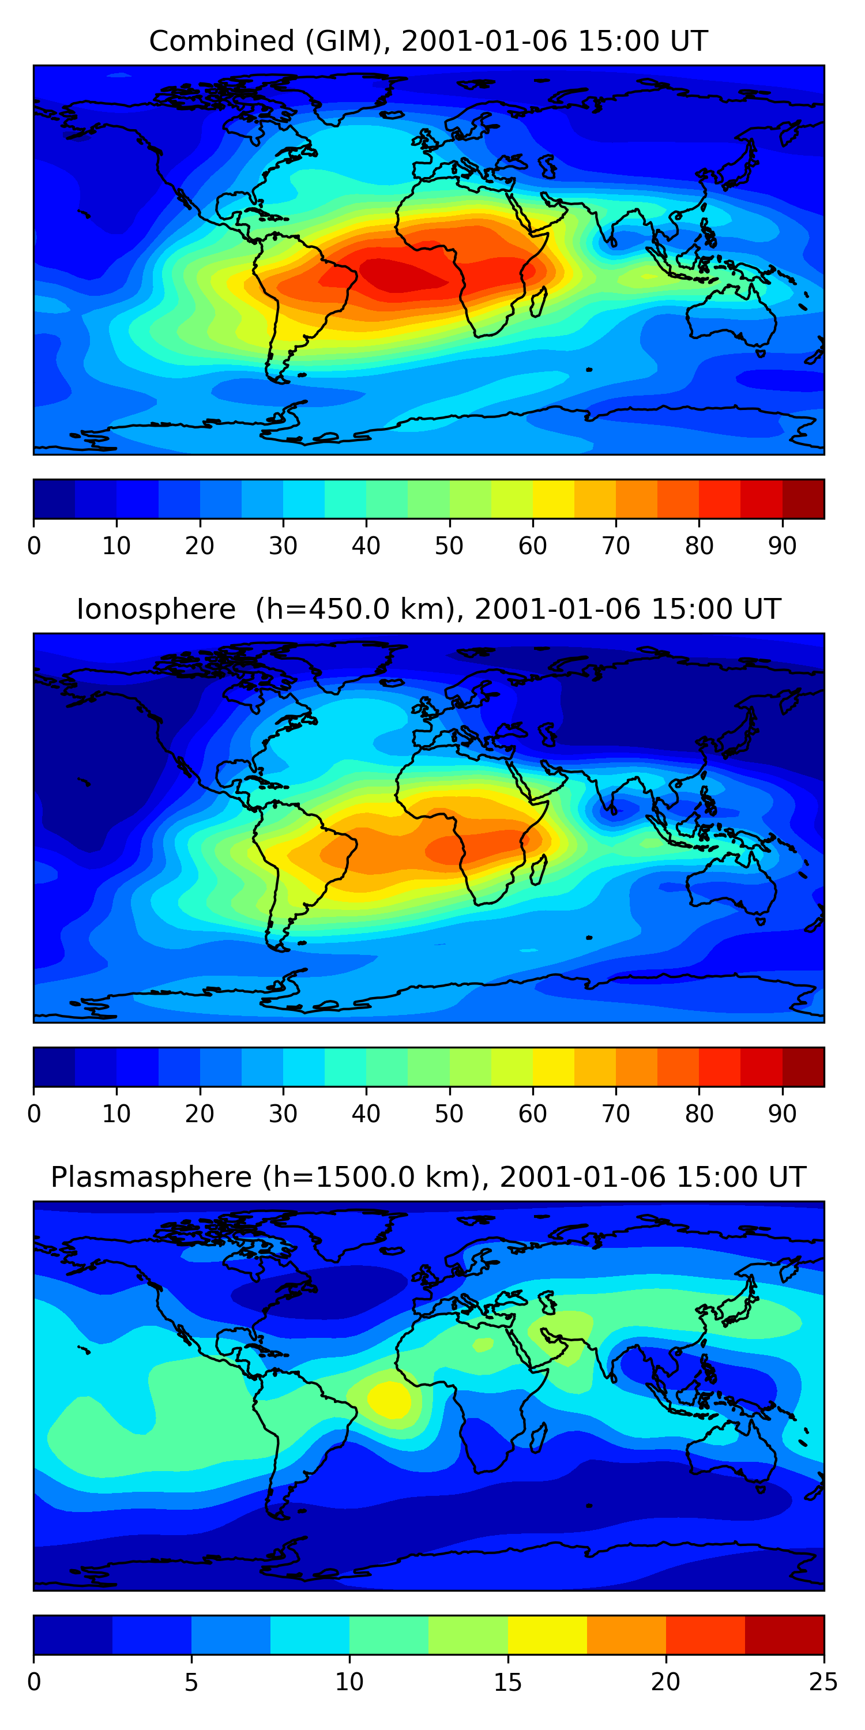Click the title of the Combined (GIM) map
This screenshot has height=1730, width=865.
[x=428, y=42]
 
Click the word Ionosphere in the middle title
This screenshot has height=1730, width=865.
[x=156, y=610]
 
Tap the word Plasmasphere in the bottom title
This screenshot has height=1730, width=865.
[x=151, y=1178]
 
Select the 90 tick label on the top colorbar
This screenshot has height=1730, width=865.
[x=783, y=546]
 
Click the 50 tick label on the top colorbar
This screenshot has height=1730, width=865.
[x=449, y=546]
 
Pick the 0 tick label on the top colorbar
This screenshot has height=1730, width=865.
[x=34, y=546]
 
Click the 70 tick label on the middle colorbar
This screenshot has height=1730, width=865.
[x=616, y=1114]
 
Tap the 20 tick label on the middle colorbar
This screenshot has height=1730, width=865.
[x=200, y=1114]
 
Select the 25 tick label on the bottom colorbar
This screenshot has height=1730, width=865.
[x=823, y=1682]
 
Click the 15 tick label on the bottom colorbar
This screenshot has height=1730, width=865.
[x=507, y=1682]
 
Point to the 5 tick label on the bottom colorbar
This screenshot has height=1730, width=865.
[x=191, y=1682]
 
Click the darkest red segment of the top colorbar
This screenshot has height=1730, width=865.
[x=803, y=499]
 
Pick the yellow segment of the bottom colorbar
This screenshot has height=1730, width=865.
[x=547, y=1635]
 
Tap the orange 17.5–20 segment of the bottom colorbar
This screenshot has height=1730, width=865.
[x=627, y=1635]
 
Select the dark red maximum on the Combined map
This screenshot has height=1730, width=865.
[x=396, y=275]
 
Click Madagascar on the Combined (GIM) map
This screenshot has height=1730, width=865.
[x=539, y=302]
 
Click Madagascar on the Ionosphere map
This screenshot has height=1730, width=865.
[x=539, y=870]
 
